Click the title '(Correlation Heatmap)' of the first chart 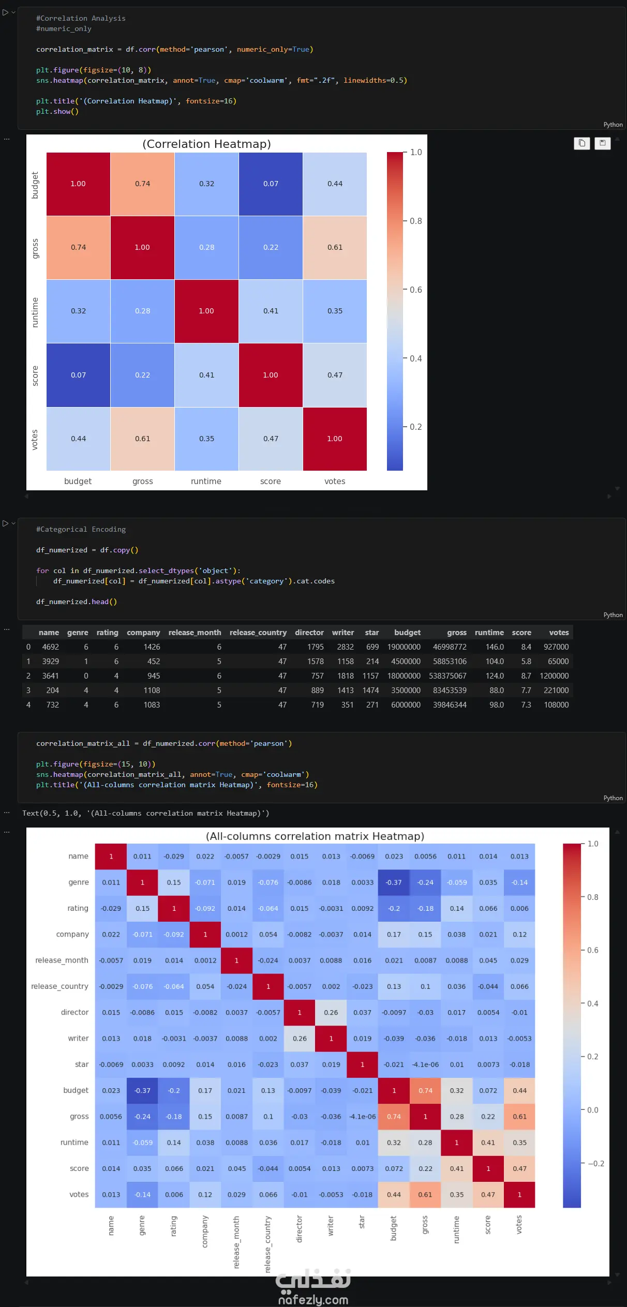click(207, 144)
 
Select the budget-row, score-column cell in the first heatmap click(271, 184)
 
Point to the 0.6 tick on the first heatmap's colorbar click(416, 290)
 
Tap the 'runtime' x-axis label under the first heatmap click(206, 481)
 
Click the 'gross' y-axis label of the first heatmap click(35, 248)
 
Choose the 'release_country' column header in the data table click(258, 633)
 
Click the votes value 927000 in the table click(556, 647)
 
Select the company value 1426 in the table click(152, 647)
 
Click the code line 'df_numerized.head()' click(77, 602)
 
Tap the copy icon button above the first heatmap click(582, 143)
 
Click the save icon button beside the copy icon click(603, 143)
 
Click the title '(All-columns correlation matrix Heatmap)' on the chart click(315, 836)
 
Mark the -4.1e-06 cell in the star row click(425, 1064)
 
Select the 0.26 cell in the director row click(331, 1013)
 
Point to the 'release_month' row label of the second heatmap click(62, 960)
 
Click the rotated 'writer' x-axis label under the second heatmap click(331, 1226)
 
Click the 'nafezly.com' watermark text click(313, 1300)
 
